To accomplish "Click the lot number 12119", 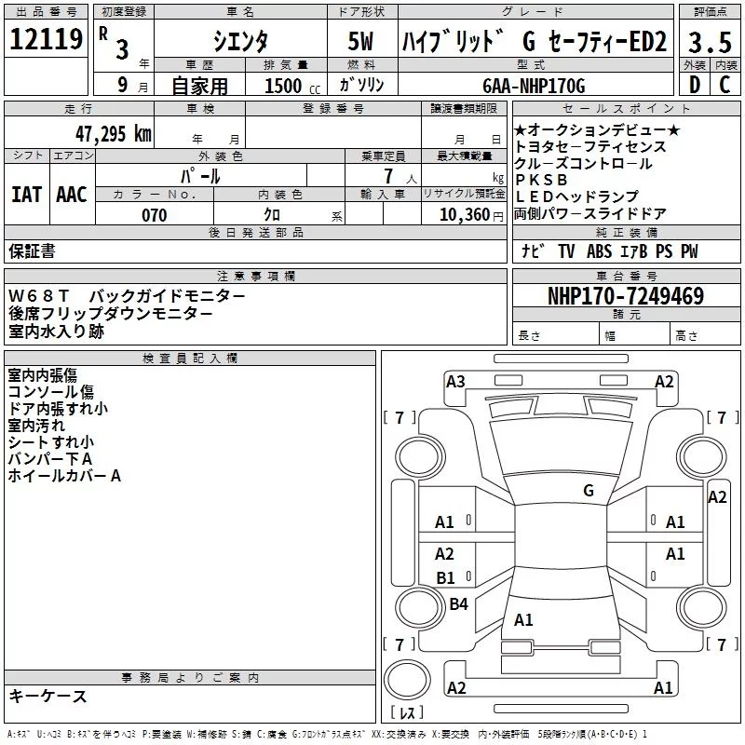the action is (x=46, y=39).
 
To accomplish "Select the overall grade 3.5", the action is (x=710, y=42).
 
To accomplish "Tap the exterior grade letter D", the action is (x=695, y=85).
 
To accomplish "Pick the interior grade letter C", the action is (x=725, y=85).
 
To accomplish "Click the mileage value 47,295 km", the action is (x=114, y=134).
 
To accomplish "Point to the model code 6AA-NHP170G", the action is (x=534, y=86).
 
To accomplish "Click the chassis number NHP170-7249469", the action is (x=626, y=296).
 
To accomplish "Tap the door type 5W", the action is (x=360, y=41).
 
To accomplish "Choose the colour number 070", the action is (x=155, y=215).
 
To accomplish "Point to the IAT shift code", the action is (x=26, y=195).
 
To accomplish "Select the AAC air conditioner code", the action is (x=72, y=195).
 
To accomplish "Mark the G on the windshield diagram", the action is (x=589, y=491).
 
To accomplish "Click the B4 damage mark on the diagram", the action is (x=458, y=603).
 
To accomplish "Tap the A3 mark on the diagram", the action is (x=455, y=382).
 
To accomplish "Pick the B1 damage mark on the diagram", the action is (x=446, y=577).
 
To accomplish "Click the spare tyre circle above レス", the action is (x=407, y=681).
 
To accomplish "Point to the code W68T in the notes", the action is (x=39, y=296).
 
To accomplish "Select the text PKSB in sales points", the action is (x=541, y=180).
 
